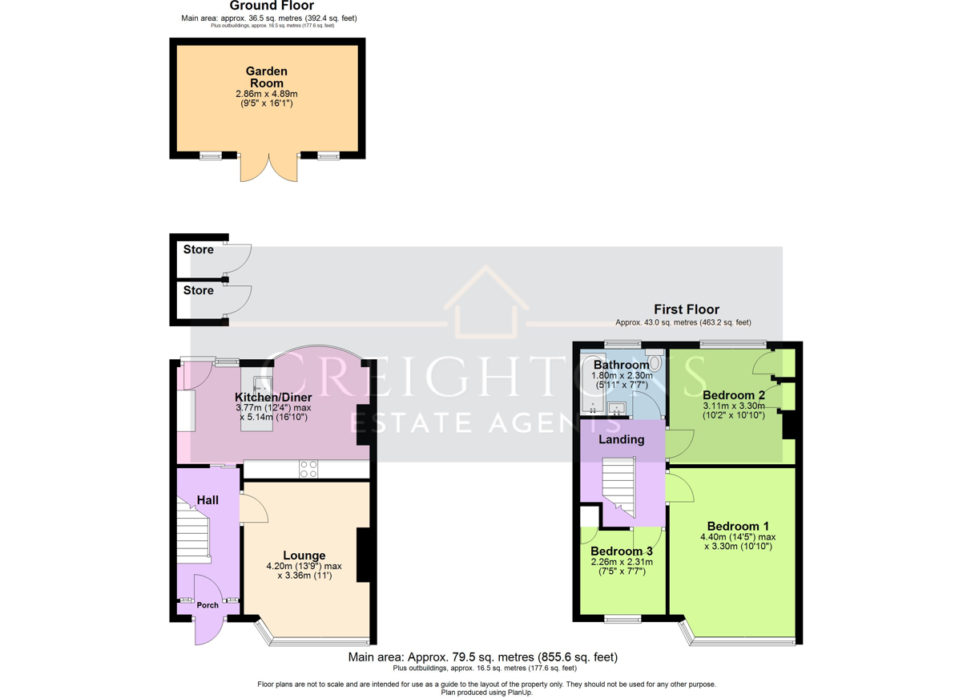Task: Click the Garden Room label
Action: point(267,77)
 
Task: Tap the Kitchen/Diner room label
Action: point(273,398)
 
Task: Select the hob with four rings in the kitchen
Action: point(308,469)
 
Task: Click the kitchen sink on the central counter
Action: point(262,384)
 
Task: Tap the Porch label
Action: point(207,605)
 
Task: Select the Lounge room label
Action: point(304,556)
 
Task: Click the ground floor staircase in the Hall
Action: point(194,532)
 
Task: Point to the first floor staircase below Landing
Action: point(619,487)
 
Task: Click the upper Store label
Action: point(199,249)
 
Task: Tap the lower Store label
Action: point(199,290)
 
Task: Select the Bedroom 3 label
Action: point(622,552)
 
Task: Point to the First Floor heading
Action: point(687,309)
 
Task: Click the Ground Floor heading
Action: point(272,6)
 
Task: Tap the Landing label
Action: point(622,440)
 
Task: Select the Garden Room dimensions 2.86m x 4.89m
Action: point(267,94)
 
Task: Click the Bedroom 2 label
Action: point(734,395)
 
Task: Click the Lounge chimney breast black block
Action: point(363,555)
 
